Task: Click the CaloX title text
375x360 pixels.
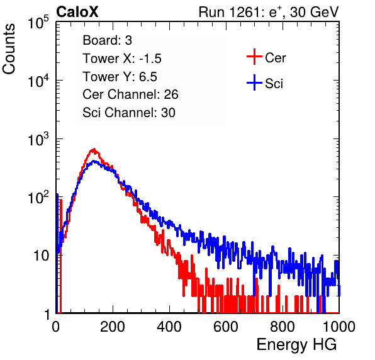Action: point(77,12)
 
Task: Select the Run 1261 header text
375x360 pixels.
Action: point(269,12)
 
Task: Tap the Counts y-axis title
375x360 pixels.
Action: point(9,49)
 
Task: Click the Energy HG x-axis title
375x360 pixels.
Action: point(296,345)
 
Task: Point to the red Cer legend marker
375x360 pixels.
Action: point(254,57)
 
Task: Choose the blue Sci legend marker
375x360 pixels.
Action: point(254,82)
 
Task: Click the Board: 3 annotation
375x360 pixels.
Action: point(107,40)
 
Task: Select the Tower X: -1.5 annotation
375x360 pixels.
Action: point(122,59)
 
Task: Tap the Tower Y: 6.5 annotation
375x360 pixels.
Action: point(120,77)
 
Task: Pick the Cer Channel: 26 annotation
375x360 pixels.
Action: point(130,94)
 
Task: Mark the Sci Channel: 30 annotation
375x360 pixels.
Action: point(129,113)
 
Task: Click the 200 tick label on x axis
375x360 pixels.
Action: point(113,327)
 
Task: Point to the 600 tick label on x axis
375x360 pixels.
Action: point(226,327)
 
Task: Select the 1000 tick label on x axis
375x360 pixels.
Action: point(339,327)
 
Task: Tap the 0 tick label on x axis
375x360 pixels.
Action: point(56,327)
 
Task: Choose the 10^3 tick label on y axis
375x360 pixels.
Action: point(38,139)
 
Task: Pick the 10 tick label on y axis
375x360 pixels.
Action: point(42,256)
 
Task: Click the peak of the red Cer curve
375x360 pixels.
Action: point(94,149)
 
